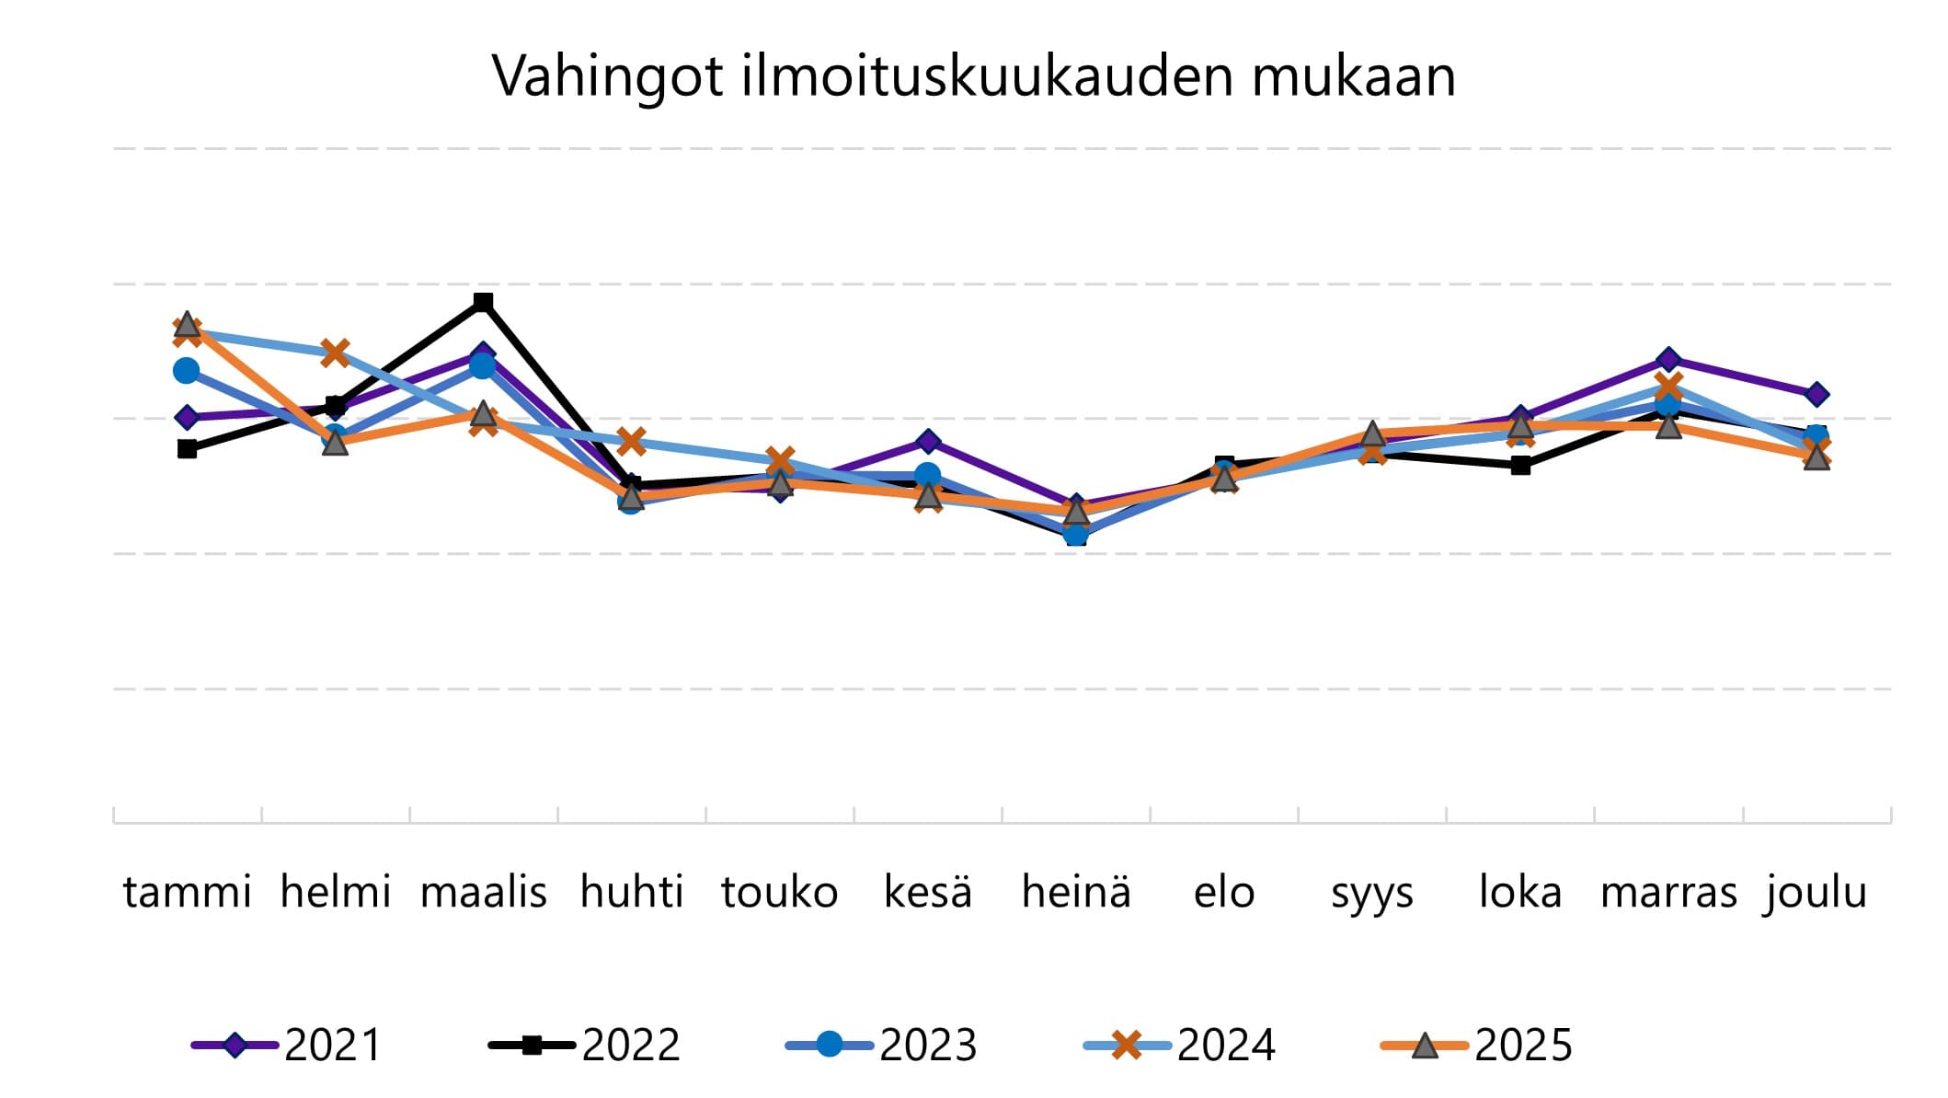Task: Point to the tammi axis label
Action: (x=187, y=892)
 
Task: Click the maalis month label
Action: (x=483, y=892)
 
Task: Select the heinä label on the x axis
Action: (x=1076, y=892)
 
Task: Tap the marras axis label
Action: (x=1668, y=892)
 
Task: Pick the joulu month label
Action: (x=1816, y=892)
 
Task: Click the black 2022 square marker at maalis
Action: (x=483, y=302)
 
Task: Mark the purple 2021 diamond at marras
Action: (x=1668, y=359)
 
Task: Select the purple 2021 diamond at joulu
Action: (x=1816, y=395)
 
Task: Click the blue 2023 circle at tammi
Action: (x=187, y=371)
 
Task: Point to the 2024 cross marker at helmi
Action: (x=335, y=353)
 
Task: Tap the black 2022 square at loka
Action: (x=1520, y=466)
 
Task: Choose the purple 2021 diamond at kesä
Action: (x=928, y=442)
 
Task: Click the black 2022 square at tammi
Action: (x=187, y=449)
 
